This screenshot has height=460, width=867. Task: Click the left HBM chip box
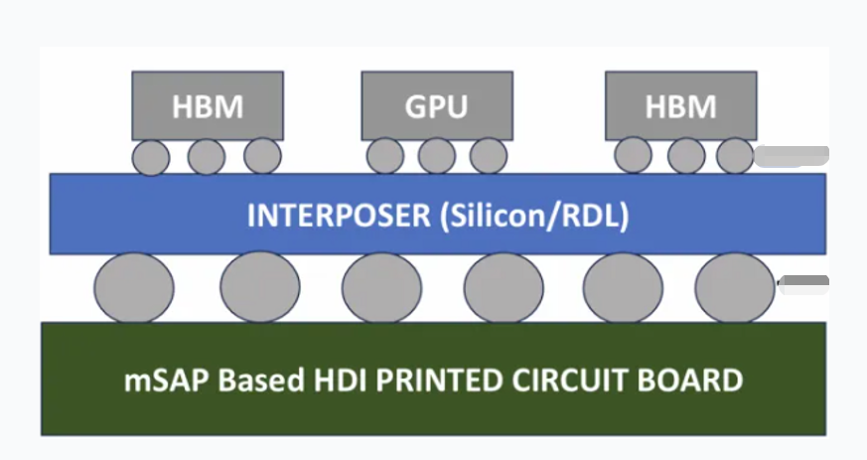[208, 105]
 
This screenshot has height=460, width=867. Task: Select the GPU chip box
[436, 105]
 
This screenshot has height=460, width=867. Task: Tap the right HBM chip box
[680, 105]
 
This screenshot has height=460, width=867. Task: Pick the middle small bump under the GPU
[436, 155]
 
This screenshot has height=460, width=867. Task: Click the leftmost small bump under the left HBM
[151, 157]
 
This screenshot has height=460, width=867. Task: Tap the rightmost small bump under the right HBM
[735, 155]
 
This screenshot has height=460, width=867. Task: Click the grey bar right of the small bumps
[792, 155]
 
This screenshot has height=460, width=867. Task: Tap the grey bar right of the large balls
[803, 285]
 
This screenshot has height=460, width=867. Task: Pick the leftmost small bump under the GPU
[385, 155]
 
